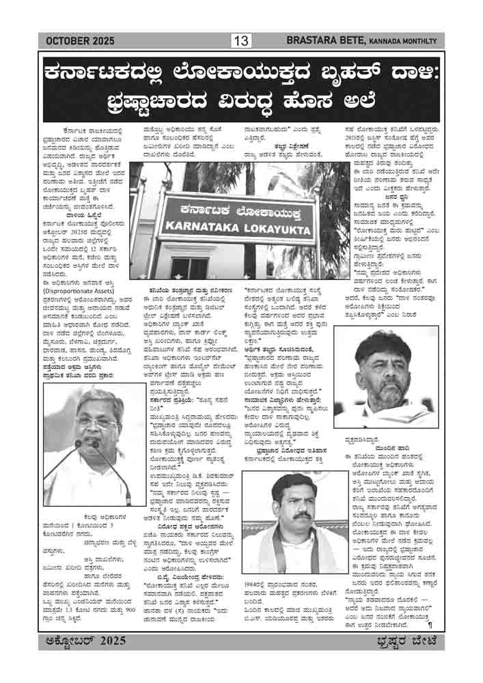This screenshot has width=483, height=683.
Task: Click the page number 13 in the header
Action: pos(241,41)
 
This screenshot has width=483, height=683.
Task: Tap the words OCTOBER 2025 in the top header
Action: pos(77,42)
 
